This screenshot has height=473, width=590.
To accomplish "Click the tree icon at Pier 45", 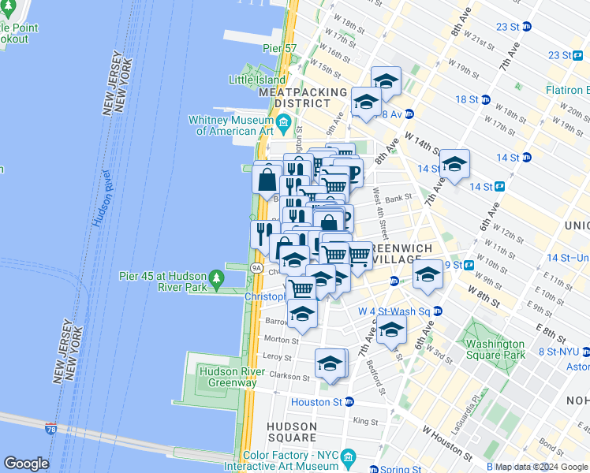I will tap(215, 277).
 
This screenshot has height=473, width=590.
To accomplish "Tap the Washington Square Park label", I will tap(495, 349).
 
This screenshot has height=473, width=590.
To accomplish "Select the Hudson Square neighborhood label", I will tap(292, 432).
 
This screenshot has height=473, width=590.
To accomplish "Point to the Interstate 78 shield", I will tap(51, 428).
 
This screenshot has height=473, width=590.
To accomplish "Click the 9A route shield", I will tap(256, 268).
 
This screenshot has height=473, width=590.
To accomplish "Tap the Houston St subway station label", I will tap(316, 402).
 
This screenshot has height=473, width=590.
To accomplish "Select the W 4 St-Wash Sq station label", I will tap(387, 311).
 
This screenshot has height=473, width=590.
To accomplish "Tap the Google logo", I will tap(26, 464).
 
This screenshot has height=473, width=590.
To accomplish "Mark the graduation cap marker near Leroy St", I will tap(330, 363).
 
